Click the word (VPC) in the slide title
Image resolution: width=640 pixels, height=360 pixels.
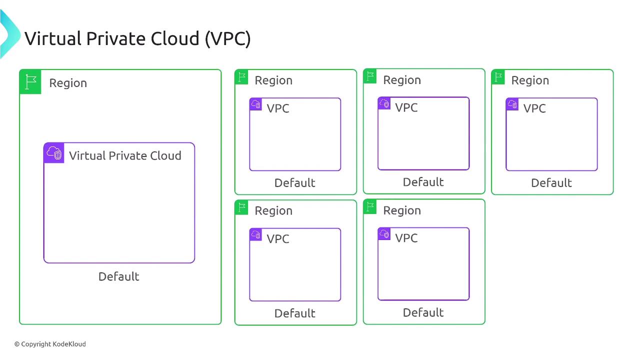click(227, 38)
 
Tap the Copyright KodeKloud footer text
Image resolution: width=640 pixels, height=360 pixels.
click(50, 344)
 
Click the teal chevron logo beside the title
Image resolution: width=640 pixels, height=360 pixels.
click(9, 34)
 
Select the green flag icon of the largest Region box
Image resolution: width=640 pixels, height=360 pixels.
click(30, 82)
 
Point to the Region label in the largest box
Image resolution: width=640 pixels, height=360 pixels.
click(68, 83)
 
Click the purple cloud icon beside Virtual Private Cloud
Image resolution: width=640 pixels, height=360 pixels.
click(54, 153)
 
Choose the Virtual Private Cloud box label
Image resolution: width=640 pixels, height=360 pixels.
click(125, 155)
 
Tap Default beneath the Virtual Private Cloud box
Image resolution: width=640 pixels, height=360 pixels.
click(118, 276)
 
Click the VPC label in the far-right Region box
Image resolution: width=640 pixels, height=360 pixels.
click(534, 108)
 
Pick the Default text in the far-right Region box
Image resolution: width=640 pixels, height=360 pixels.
click(551, 183)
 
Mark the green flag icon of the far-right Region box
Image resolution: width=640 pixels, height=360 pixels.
click(498, 77)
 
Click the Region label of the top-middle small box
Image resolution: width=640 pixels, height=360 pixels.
click(402, 80)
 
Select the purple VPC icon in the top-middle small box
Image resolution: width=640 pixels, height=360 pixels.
click(384, 103)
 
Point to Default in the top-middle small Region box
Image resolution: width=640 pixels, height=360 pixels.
click(423, 182)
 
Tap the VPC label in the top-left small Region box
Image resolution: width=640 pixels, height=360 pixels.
click(277, 108)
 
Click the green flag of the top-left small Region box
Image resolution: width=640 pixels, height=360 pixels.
click(241, 77)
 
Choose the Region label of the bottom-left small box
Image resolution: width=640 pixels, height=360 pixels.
click(273, 210)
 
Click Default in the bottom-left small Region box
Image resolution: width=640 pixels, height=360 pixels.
click(294, 313)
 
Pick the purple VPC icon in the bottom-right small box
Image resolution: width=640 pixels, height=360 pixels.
click(384, 234)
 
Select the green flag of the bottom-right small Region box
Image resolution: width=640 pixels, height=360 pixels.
click(370, 206)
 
